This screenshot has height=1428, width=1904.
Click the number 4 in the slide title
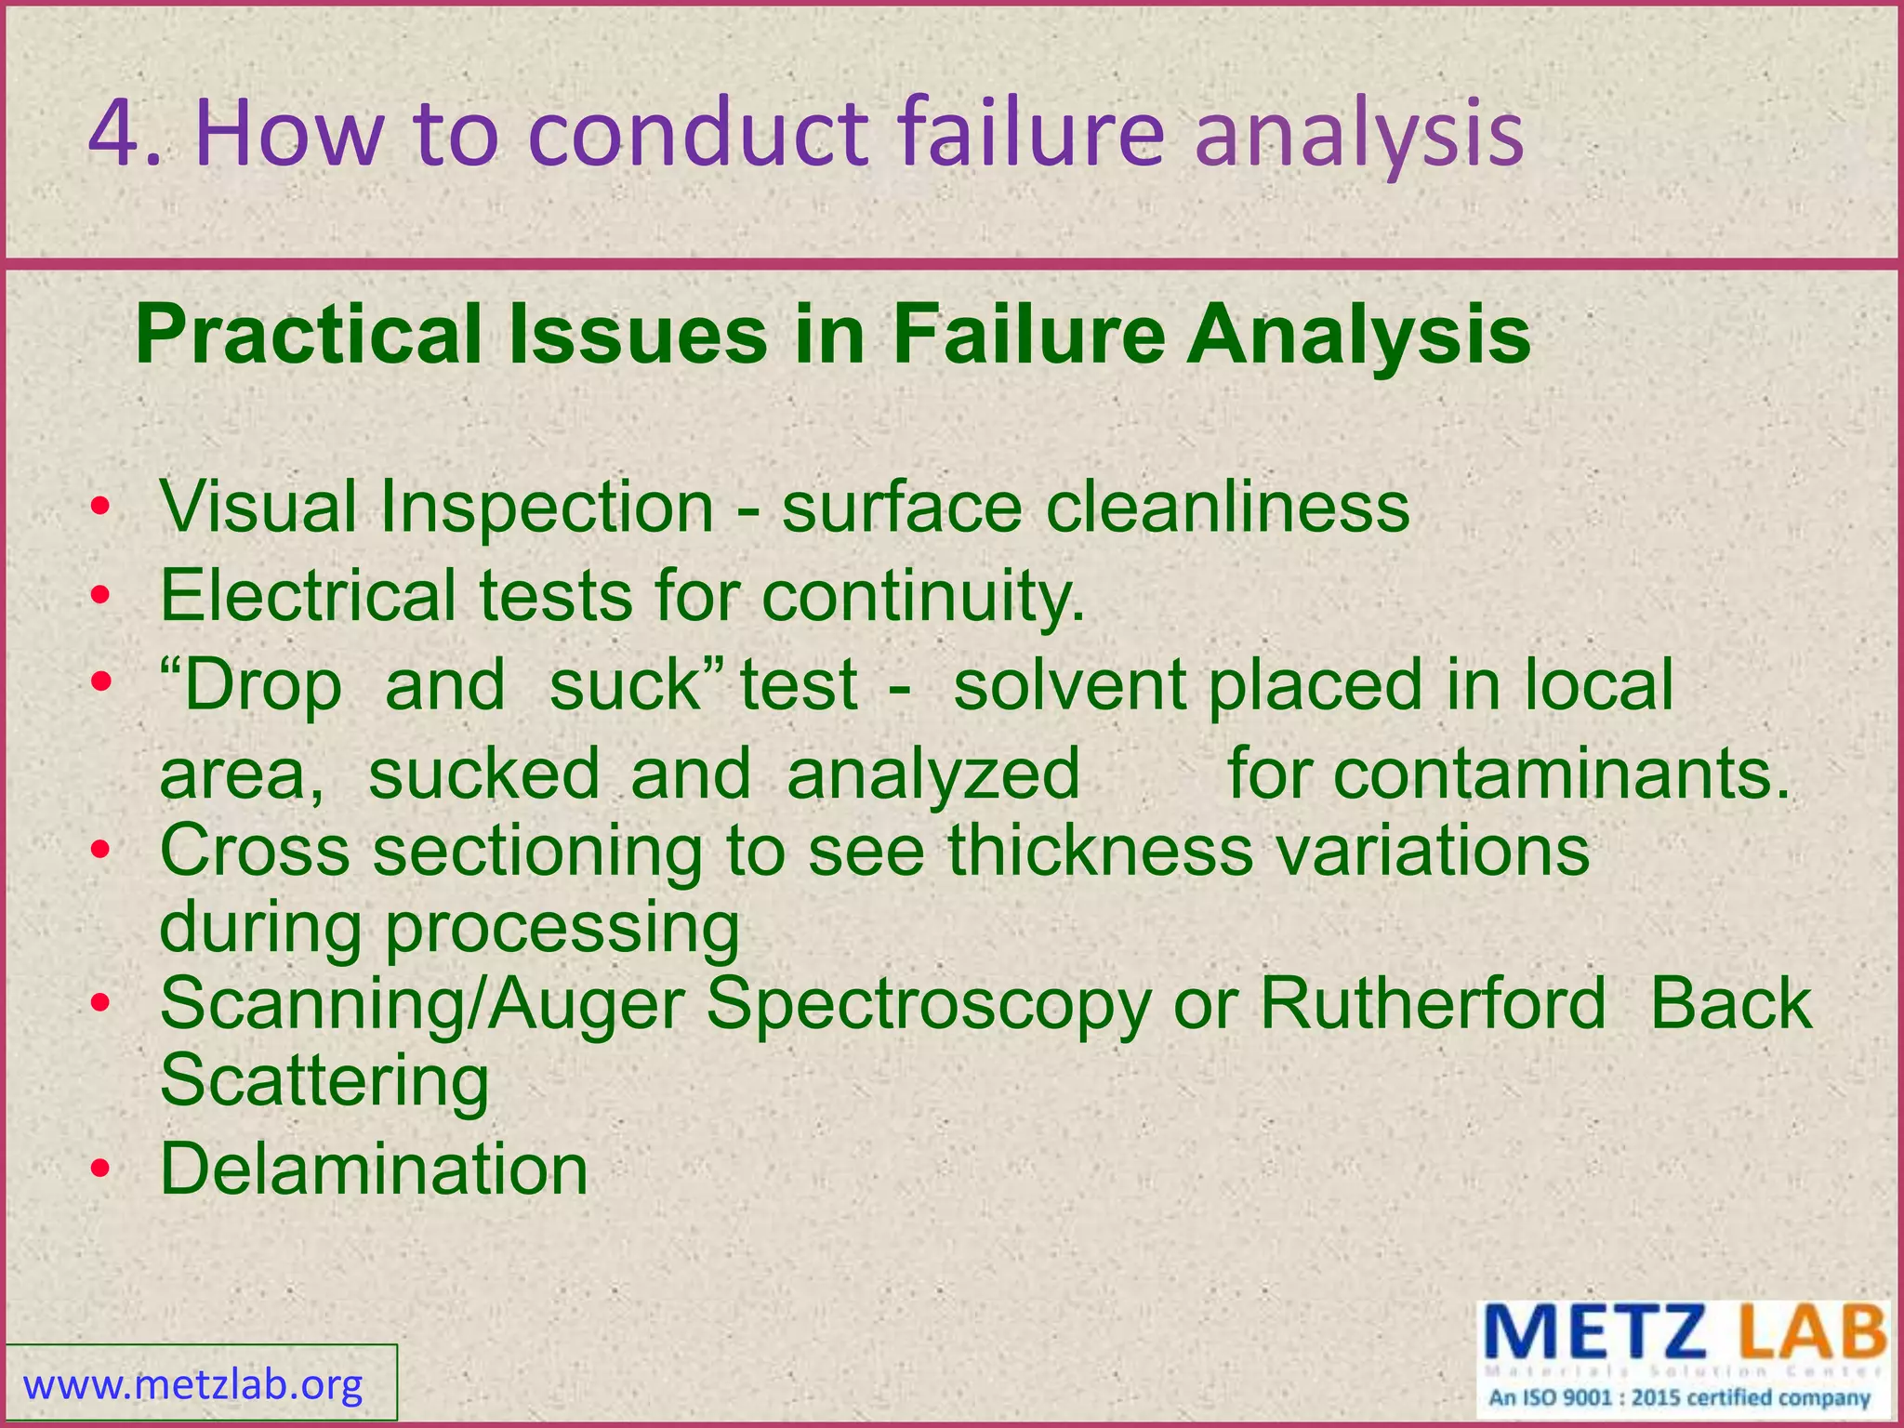pos(117,135)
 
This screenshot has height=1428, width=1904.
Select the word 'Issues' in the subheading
pos(638,337)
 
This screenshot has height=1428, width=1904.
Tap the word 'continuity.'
pos(923,596)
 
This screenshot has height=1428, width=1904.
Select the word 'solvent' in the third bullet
pos(1069,685)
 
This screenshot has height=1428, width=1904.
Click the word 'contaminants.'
pos(1508,774)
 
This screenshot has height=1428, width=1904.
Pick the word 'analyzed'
pos(932,774)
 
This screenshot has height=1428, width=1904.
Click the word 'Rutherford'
pos(1432,1005)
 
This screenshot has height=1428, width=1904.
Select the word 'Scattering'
pos(324,1081)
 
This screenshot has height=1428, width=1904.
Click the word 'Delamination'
pos(374,1170)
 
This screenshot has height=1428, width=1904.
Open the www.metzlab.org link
pos(193,1386)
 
